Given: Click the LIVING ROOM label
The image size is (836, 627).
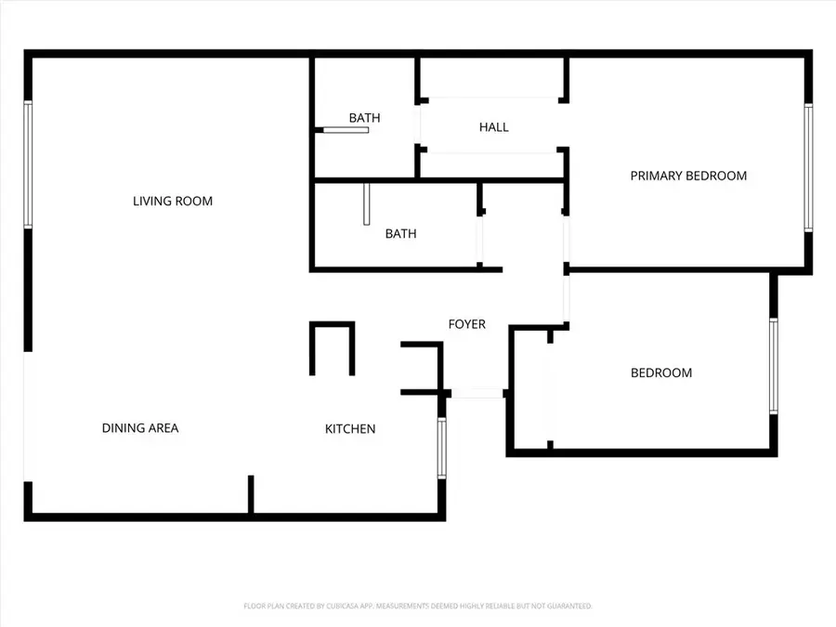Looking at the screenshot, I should pyautogui.click(x=173, y=201).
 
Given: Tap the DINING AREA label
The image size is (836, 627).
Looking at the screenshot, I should pyautogui.click(x=140, y=428).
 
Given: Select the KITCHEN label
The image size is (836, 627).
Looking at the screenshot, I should pyautogui.click(x=350, y=429).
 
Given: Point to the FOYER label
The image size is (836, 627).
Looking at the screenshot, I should pyautogui.click(x=467, y=324).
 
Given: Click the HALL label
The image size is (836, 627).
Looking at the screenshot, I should pyautogui.click(x=494, y=127).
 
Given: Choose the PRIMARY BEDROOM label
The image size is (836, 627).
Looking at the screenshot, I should pyautogui.click(x=688, y=176).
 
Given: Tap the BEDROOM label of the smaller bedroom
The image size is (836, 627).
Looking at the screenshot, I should pyautogui.click(x=661, y=373).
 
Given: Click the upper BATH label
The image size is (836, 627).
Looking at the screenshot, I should pyautogui.click(x=364, y=118).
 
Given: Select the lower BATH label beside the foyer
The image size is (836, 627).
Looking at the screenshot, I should pyautogui.click(x=400, y=234).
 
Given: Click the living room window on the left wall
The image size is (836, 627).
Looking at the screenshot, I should pyautogui.click(x=28, y=164).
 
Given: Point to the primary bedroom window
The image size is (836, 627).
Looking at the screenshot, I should pyautogui.click(x=808, y=167).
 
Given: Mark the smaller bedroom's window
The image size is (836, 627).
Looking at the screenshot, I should pyautogui.click(x=773, y=366).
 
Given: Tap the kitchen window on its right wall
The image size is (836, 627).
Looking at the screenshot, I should pyautogui.click(x=442, y=450).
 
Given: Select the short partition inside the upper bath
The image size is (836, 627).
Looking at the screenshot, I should pyautogui.click(x=345, y=130).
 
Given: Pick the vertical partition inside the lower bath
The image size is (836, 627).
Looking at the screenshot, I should pyautogui.click(x=368, y=204).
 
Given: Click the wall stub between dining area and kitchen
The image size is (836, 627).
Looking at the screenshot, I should pyautogui.click(x=250, y=493).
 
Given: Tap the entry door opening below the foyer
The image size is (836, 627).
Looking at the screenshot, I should pyautogui.click(x=476, y=394).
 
